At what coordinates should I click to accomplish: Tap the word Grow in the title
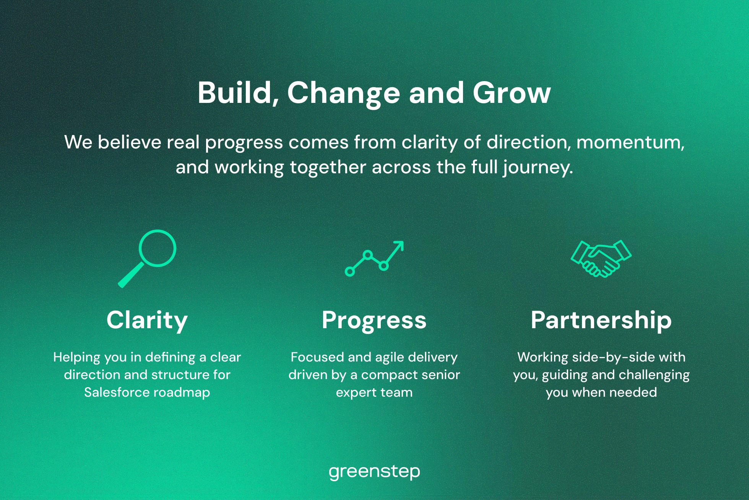pos(512,93)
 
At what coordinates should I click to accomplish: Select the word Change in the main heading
pos(343,94)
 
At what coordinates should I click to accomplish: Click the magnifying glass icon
pos(147,259)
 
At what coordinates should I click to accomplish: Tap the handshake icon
pos(601,259)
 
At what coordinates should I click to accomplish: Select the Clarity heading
pos(147,321)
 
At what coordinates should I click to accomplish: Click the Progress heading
pos(374,321)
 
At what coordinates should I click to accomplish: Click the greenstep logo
pos(374,472)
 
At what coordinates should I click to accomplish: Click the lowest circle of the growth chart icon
pos(350,272)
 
